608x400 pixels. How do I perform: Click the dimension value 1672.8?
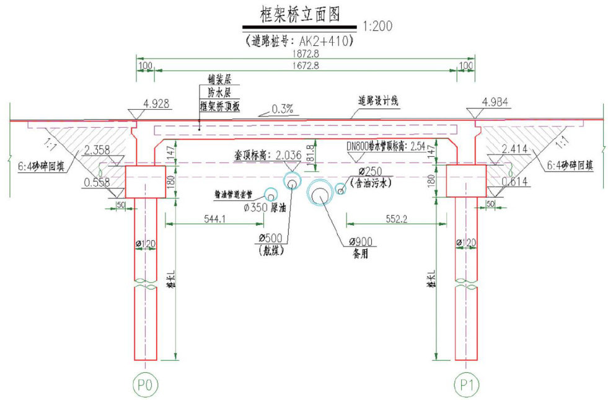[304, 66]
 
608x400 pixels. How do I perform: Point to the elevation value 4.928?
[156, 104]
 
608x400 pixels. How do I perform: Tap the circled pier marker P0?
[145, 384]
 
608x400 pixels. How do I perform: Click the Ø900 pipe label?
[360, 241]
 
